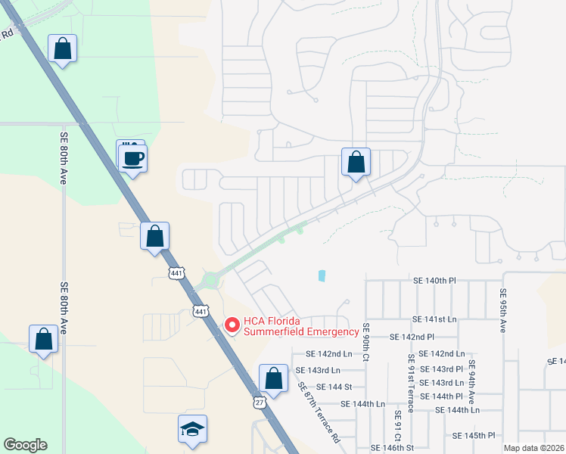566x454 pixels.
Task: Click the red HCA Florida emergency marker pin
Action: (x=232, y=325)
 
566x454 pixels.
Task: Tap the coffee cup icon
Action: (x=133, y=159)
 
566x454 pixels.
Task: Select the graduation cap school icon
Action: (x=192, y=430)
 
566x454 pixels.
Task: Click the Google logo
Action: (x=25, y=445)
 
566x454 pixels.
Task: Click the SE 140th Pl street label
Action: (x=434, y=281)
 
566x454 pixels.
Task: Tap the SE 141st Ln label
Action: (x=434, y=320)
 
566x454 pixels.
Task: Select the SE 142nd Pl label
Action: (x=412, y=337)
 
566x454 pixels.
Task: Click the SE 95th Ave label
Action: (x=502, y=311)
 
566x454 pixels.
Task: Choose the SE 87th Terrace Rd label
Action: (x=318, y=412)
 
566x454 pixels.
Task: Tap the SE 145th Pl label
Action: (x=474, y=436)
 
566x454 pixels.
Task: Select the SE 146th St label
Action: (x=391, y=449)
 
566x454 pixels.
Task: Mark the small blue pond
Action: (x=322, y=276)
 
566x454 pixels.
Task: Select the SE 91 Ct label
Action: (x=397, y=428)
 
